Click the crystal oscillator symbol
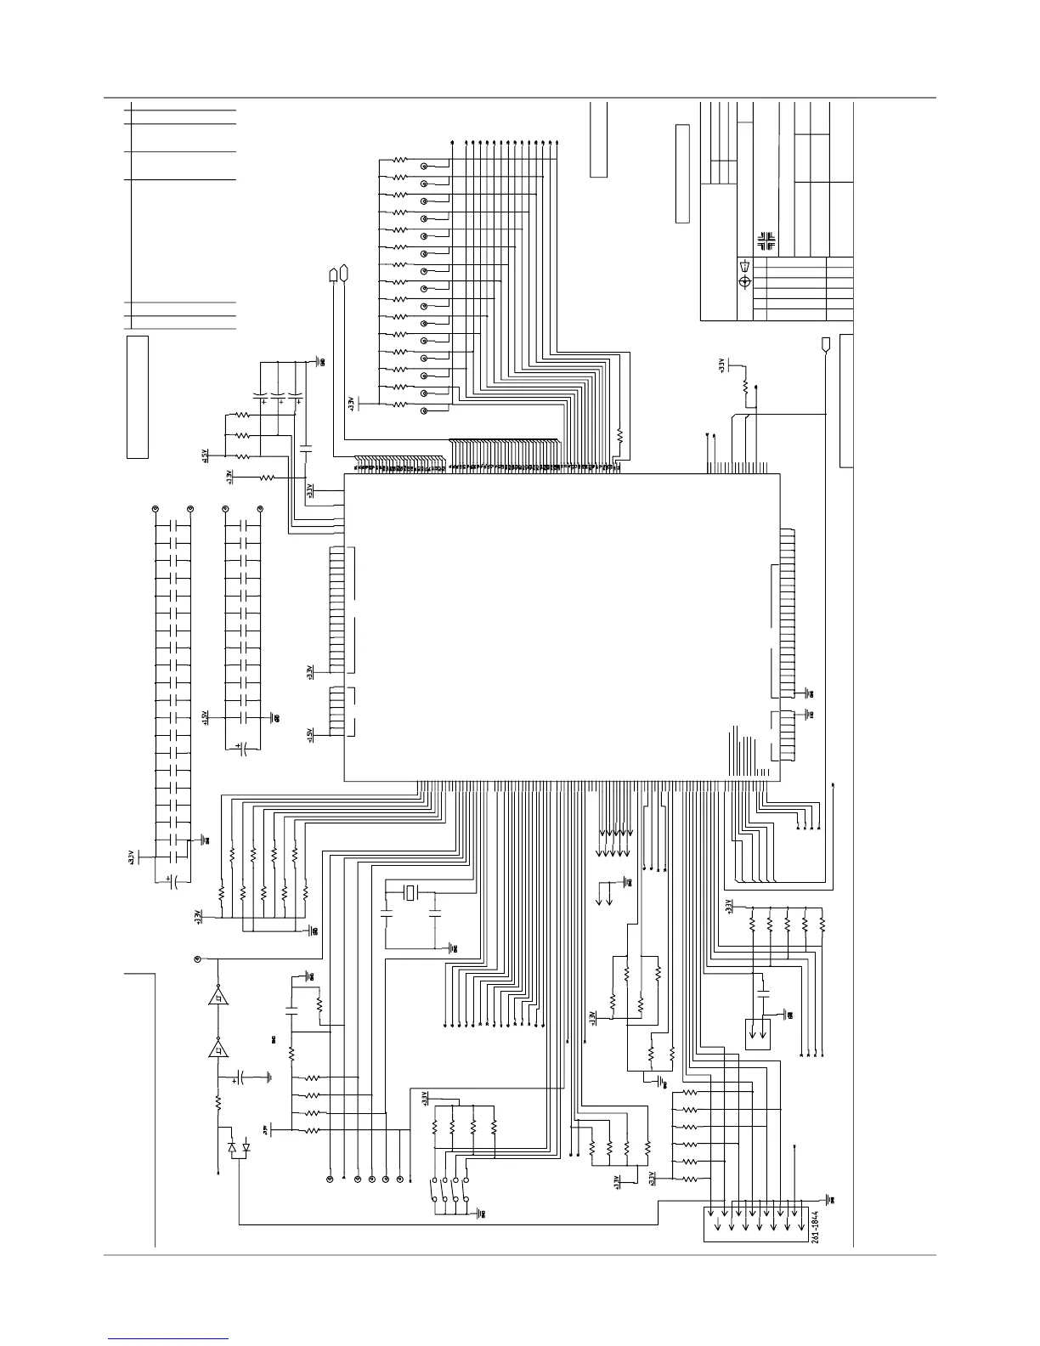(x=411, y=892)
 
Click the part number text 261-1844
(x=815, y=1225)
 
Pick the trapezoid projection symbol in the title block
(x=745, y=266)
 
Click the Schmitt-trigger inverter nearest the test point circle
(x=218, y=997)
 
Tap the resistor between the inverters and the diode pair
(x=218, y=1102)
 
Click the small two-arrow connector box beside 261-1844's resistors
(x=757, y=1032)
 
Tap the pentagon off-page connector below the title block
(x=825, y=344)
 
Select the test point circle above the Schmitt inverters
(x=198, y=959)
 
